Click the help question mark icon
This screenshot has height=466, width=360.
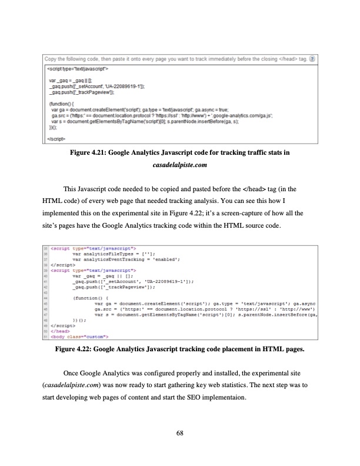coord(313,59)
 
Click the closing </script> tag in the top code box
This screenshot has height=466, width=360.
coord(57,138)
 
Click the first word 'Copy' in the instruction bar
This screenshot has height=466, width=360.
coord(51,59)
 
